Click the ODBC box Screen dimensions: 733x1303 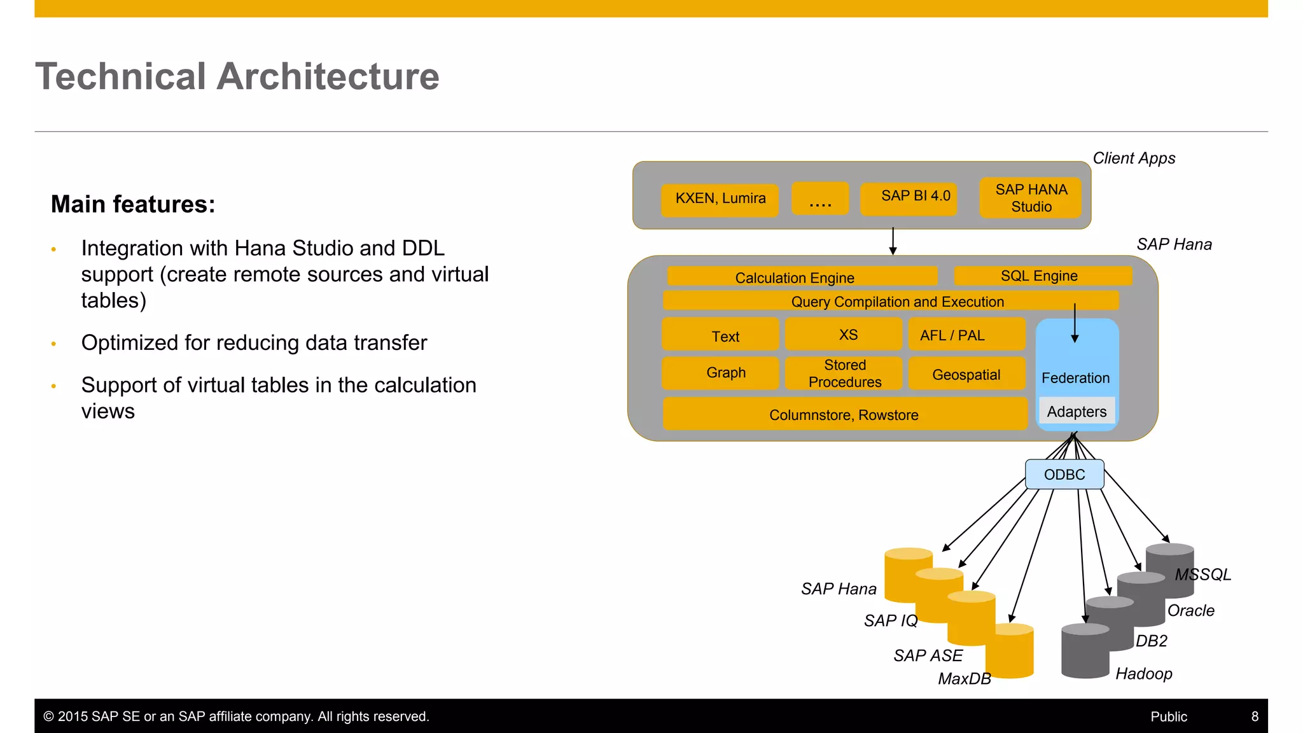click(x=1064, y=475)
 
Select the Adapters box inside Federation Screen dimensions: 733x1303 click(x=1077, y=412)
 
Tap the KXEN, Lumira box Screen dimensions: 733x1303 click(x=720, y=199)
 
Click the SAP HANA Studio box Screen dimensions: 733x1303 click(x=1031, y=198)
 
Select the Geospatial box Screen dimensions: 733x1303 click(x=966, y=374)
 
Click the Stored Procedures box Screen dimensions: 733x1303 click(x=844, y=373)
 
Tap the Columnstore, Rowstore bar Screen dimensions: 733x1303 click(x=844, y=415)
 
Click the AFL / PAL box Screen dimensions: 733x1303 click(x=966, y=335)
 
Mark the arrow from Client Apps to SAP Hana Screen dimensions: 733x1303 click(x=893, y=242)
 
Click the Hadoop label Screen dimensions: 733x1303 click(x=1143, y=674)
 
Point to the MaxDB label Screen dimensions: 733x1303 click(x=964, y=679)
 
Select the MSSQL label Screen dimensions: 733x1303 click(x=1202, y=575)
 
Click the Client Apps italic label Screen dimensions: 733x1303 click(x=1134, y=158)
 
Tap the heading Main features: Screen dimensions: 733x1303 click(x=133, y=204)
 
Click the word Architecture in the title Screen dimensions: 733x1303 click(x=328, y=76)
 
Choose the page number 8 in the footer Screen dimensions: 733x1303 click(x=1255, y=716)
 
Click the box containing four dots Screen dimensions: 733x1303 click(x=820, y=199)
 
